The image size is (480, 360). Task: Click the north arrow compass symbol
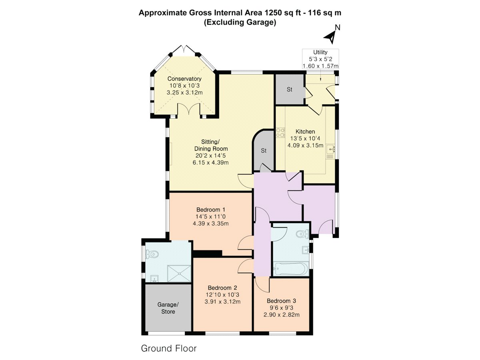[331, 36]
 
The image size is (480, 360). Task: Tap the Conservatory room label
[184, 79]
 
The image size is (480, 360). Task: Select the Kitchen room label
[305, 132]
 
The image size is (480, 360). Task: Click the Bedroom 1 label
[210, 210]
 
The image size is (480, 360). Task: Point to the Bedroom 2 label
[222, 288]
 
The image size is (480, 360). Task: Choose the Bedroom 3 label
[282, 301]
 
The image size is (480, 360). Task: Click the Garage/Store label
[168, 308]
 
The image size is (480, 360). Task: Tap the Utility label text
[320, 52]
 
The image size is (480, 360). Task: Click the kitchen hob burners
[280, 133]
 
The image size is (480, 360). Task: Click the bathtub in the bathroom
[291, 269]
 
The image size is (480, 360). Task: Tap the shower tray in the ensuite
[179, 274]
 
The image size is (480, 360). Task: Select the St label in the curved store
[264, 151]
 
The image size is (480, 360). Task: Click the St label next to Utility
[290, 89]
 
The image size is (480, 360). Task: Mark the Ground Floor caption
[169, 348]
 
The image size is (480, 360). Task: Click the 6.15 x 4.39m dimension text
[210, 163]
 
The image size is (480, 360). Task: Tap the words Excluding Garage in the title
[240, 22]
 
